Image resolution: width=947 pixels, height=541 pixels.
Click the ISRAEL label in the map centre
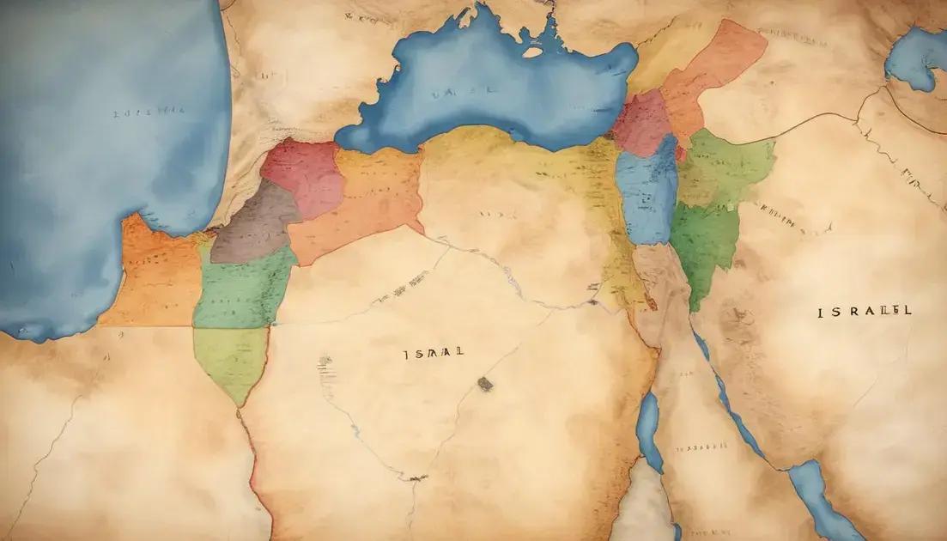point(434,353)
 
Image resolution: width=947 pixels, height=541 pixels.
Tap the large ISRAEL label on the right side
point(865,312)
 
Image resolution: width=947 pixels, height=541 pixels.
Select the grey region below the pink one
point(254,226)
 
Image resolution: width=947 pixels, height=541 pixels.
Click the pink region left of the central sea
point(302,177)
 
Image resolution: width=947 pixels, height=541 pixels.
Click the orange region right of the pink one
point(369,202)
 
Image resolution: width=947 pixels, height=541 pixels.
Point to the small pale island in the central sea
point(532,52)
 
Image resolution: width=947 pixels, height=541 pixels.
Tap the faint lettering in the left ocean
point(148,112)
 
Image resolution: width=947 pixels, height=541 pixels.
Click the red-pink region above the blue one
point(641,123)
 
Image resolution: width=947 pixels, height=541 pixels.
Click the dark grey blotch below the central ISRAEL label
point(485,384)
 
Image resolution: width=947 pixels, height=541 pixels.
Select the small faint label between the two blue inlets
point(701,447)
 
